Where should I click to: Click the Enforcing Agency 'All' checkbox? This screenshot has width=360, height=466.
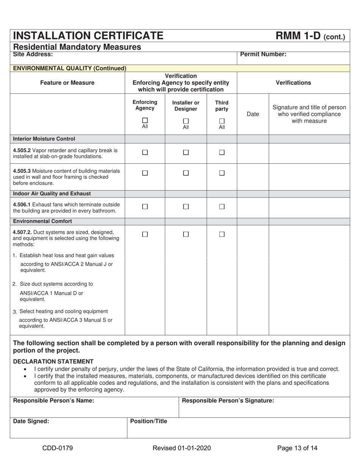[145, 121]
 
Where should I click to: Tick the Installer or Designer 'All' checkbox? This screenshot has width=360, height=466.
[186, 121]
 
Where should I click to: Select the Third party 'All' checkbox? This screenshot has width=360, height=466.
[222, 121]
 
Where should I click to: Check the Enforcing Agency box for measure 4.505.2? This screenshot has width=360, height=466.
[145, 153]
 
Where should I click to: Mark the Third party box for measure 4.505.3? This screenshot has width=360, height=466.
[222, 173]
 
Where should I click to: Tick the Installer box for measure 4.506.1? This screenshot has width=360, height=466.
[186, 207]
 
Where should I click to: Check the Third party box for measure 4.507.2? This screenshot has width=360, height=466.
[222, 235]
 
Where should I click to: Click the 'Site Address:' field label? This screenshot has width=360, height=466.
[33, 55]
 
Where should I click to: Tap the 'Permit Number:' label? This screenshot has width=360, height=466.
[263, 55]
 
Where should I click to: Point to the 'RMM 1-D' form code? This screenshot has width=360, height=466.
[299, 36]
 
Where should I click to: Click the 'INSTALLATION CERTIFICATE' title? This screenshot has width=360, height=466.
[88, 36]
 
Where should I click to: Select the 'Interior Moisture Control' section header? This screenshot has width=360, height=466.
[44, 139]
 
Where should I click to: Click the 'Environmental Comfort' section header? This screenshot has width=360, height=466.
[42, 221]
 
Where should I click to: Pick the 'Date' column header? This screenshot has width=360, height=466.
[253, 114]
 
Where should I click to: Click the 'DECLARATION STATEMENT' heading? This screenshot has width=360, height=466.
[53, 361]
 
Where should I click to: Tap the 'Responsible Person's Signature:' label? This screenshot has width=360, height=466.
[228, 401]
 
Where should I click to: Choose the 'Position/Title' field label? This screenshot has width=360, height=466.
[149, 421]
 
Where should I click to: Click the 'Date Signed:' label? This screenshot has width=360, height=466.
[31, 421]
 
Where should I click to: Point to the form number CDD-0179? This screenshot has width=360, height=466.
[58, 449]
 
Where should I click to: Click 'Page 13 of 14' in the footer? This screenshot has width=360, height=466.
[297, 449]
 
